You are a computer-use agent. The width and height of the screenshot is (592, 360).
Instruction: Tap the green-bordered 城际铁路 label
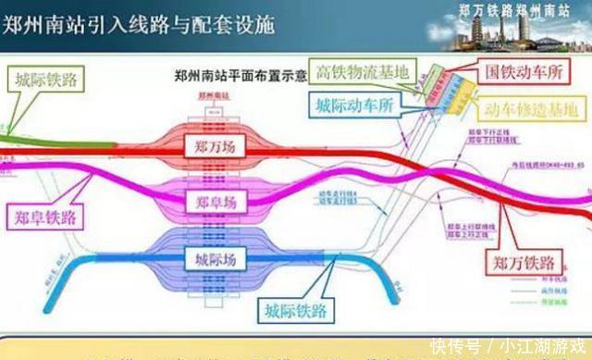click(x=44, y=81)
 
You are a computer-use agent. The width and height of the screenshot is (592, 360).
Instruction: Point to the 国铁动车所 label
click(x=519, y=70)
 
